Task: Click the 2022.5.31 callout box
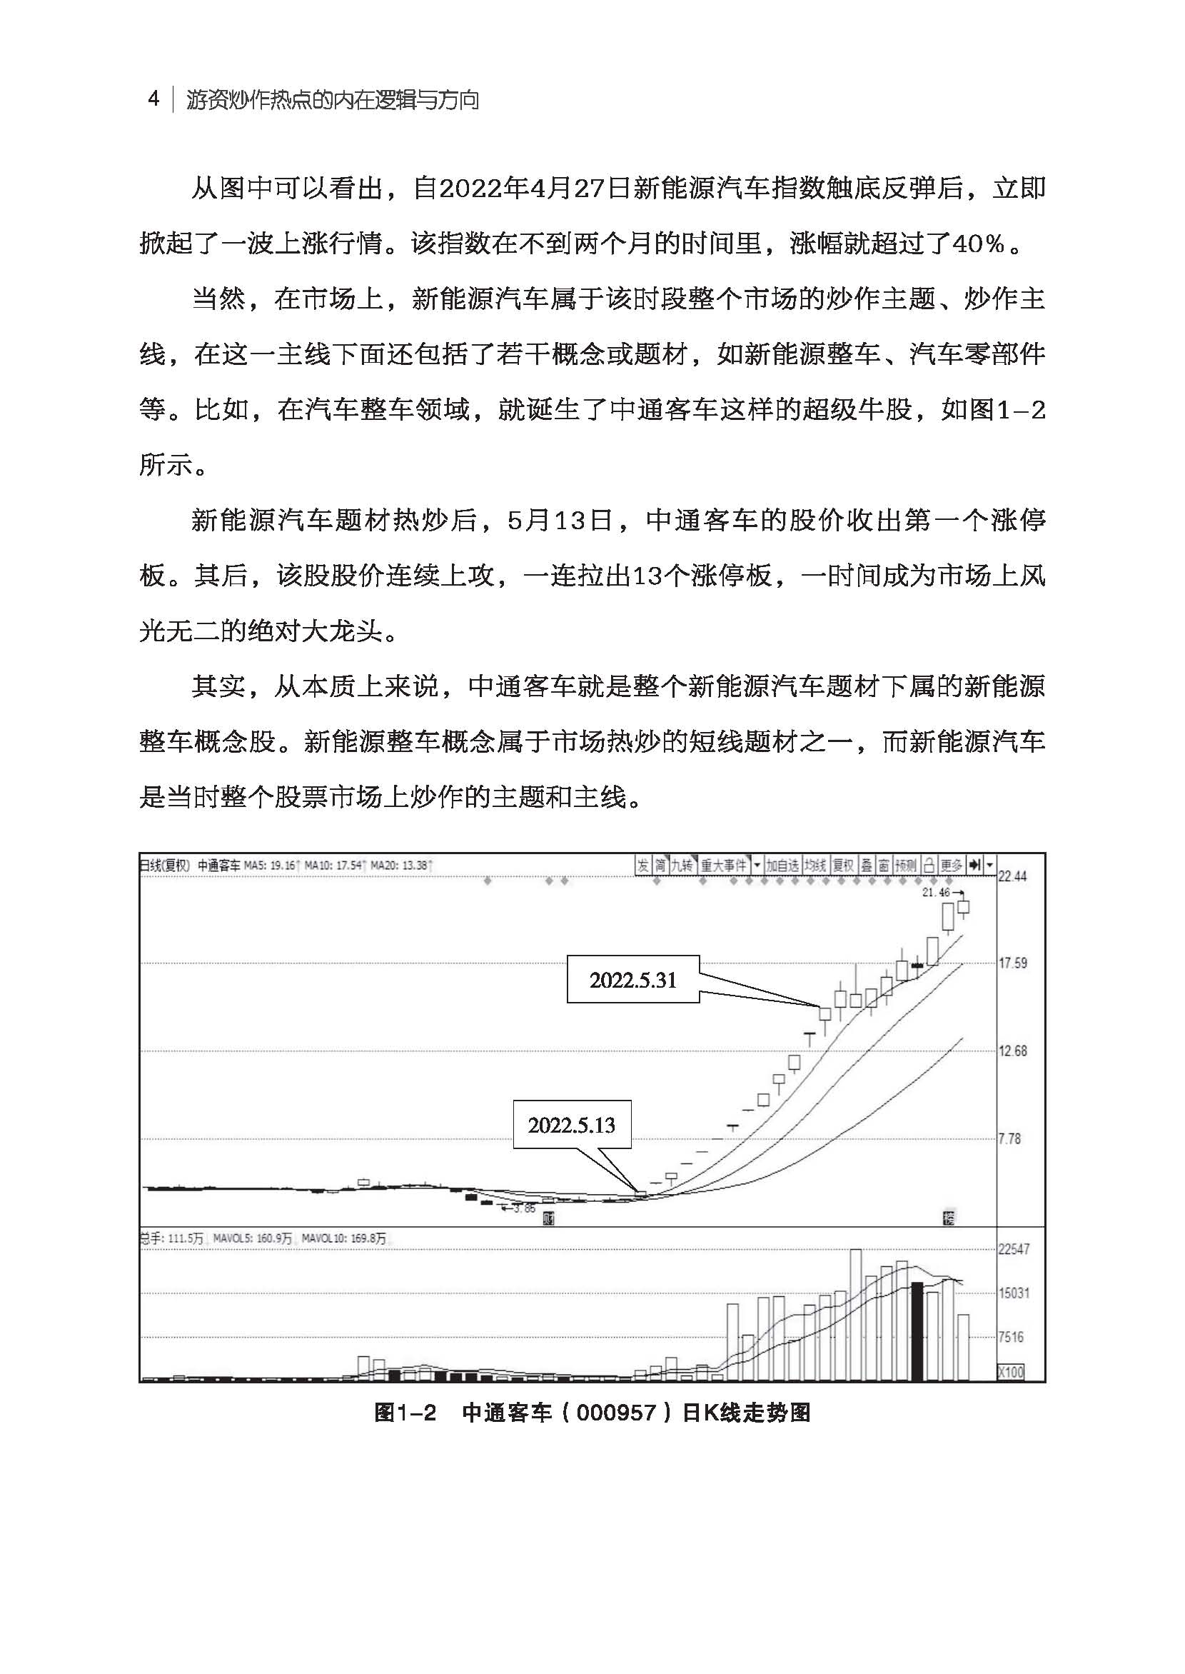tap(632, 980)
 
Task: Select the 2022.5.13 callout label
tap(571, 1125)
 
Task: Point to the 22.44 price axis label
tap(1012, 876)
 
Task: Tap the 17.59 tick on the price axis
tap(1012, 963)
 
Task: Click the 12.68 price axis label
tap(1012, 1051)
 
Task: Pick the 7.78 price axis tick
tap(1010, 1138)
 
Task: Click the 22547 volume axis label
tap(1014, 1249)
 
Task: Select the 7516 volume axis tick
tap(1011, 1337)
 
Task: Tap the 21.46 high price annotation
tap(936, 892)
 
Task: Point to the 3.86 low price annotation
tap(524, 1208)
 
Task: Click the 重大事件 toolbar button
tap(724, 866)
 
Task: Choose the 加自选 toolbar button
tap(782, 866)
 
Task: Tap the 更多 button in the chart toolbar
tap(952, 866)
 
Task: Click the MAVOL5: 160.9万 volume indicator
tap(253, 1239)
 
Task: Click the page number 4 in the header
tap(153, 99)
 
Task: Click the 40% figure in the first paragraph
tap(978, 244)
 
